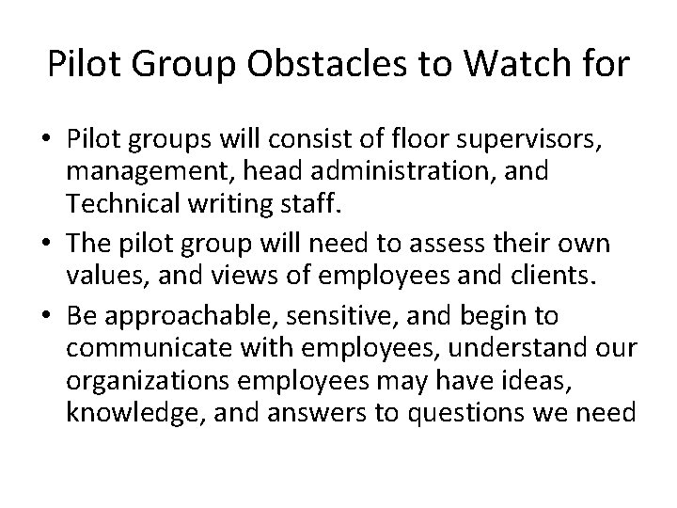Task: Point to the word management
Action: pyautogui.click(x=150, y=173)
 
